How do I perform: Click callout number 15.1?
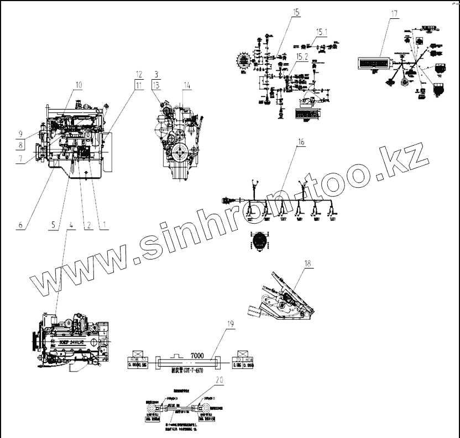(321, 32)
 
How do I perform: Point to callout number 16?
(301, 142)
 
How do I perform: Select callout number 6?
(20, 225)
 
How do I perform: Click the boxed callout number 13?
(156, 84)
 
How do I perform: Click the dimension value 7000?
(197, 355)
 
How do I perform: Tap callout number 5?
(54, 225)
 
